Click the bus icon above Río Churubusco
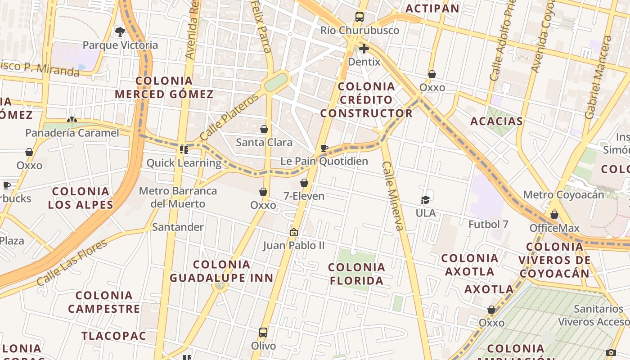[x=359, y=17]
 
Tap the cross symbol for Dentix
[x=364, y=49]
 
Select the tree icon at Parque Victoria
[x=120, y=31]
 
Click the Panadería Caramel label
[x=72, y=133]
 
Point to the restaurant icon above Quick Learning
[x=184, y=149]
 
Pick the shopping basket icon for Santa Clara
[x=264, y=129]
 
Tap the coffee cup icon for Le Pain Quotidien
[x=324, y=148]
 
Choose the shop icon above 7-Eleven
[x=304, y=183]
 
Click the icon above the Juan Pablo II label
[x=294, y=232]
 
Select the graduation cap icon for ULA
[x=425, y=199]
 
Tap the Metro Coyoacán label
[x=563, y=195]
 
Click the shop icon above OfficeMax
[x=554, y=215]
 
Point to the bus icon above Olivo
[x=263, y=333]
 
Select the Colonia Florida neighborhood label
[x=357, y=274]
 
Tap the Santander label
[x=178, y=227]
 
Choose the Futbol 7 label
[x=488, y=224]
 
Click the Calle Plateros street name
[x=229, y=117]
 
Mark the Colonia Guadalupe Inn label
[x=221, y=271]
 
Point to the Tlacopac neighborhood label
[x=114, y=336]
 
